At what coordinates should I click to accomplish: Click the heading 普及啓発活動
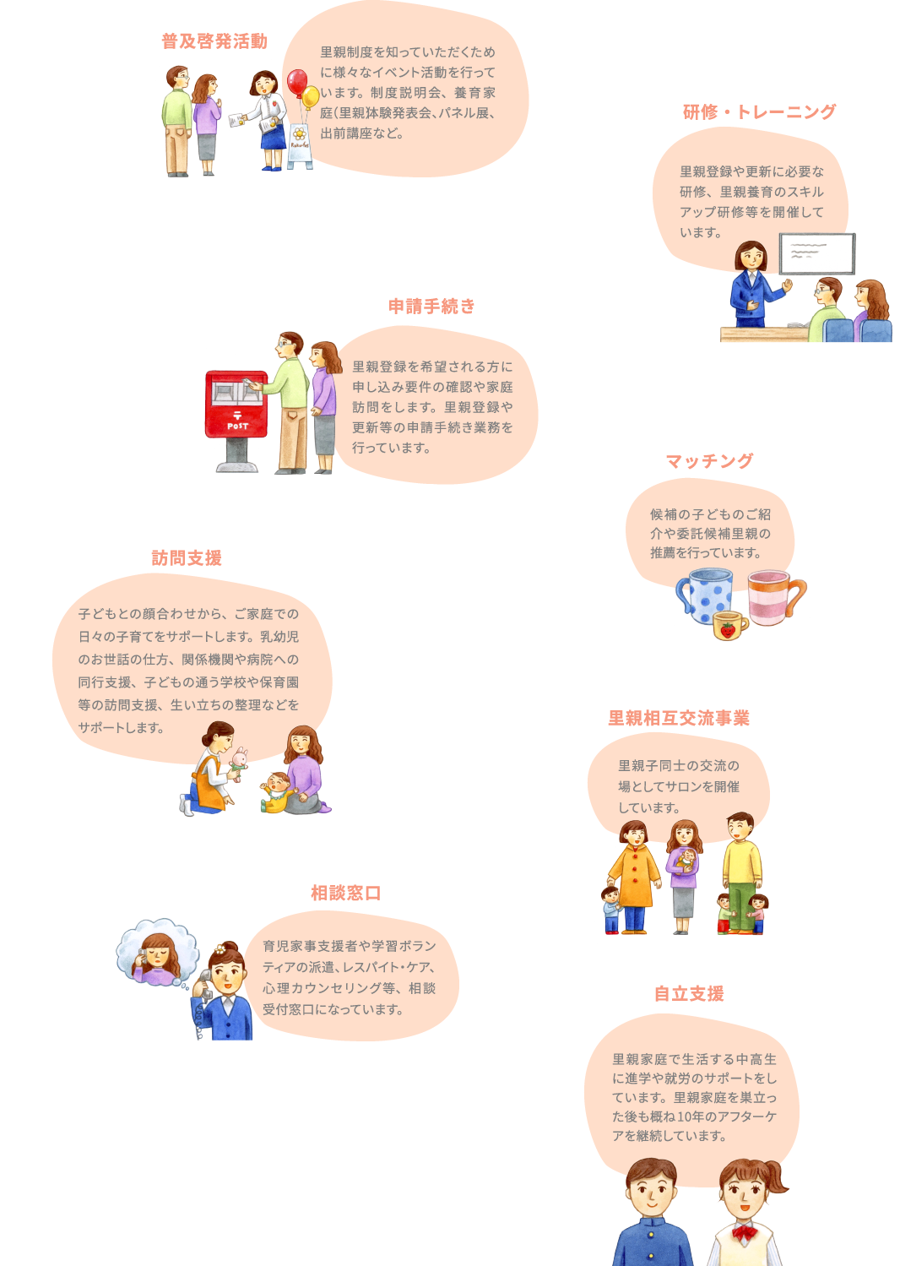214,41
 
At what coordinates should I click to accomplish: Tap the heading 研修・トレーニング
759,111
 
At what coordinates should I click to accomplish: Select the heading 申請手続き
431,306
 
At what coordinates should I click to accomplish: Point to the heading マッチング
709,461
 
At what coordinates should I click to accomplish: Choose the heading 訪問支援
187,557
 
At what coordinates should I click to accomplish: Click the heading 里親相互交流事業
679,718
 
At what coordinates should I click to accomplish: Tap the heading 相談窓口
346,893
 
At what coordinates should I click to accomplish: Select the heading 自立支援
689,993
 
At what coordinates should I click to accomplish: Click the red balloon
297,82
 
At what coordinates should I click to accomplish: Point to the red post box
236,405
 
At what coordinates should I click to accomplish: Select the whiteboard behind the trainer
816,253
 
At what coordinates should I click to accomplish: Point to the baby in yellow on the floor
277,792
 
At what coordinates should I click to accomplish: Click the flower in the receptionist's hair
221,949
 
